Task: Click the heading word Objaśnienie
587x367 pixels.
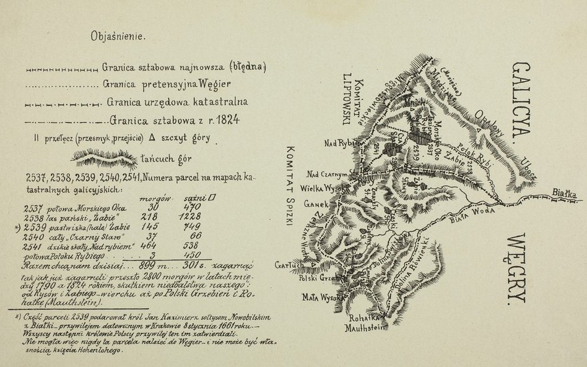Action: [x=118, y=36]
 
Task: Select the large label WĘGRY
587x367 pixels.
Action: [x=518, y=270]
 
